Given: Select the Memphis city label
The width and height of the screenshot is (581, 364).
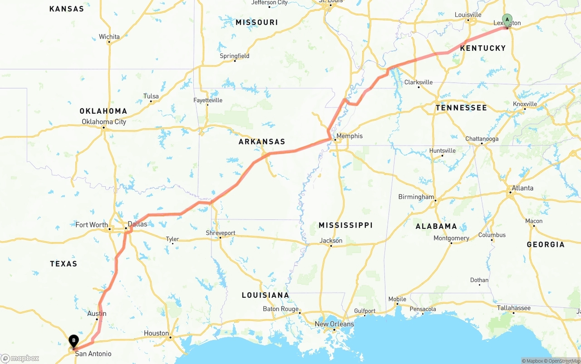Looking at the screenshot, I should tap(350, 136).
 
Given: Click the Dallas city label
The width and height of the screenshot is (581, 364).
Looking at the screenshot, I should tap(138, 224).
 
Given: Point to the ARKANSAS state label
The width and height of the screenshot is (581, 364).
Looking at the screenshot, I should tap(262, 142).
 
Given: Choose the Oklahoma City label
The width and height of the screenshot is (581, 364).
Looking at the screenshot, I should tap(104, 121).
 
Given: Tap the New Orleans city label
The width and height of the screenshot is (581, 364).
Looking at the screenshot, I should tap(335, 324).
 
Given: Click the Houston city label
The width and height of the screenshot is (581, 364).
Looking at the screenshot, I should tap(156, 333).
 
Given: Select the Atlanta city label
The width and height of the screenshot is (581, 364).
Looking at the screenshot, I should tap(522, 188).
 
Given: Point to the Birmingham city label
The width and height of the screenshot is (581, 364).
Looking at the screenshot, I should tap(416, 197).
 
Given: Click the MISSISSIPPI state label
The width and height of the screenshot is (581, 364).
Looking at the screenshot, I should tap(345, 225).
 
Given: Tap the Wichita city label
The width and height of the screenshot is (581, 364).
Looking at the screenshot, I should tap(109, 37).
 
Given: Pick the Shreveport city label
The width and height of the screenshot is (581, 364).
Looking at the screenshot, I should tap(221, 233).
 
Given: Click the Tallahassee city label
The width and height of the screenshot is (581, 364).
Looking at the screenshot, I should tap(513, 308).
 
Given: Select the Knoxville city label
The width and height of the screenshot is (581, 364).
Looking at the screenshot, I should tap(525, 104).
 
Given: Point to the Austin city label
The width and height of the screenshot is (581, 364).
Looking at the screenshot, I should tap(97, 313).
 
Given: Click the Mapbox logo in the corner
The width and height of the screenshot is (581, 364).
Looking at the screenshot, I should tap(20, 358).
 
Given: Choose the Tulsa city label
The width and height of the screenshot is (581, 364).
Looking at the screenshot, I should tap(151, 96).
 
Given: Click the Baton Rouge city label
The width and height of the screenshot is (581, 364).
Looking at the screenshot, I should tap(281, 309).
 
